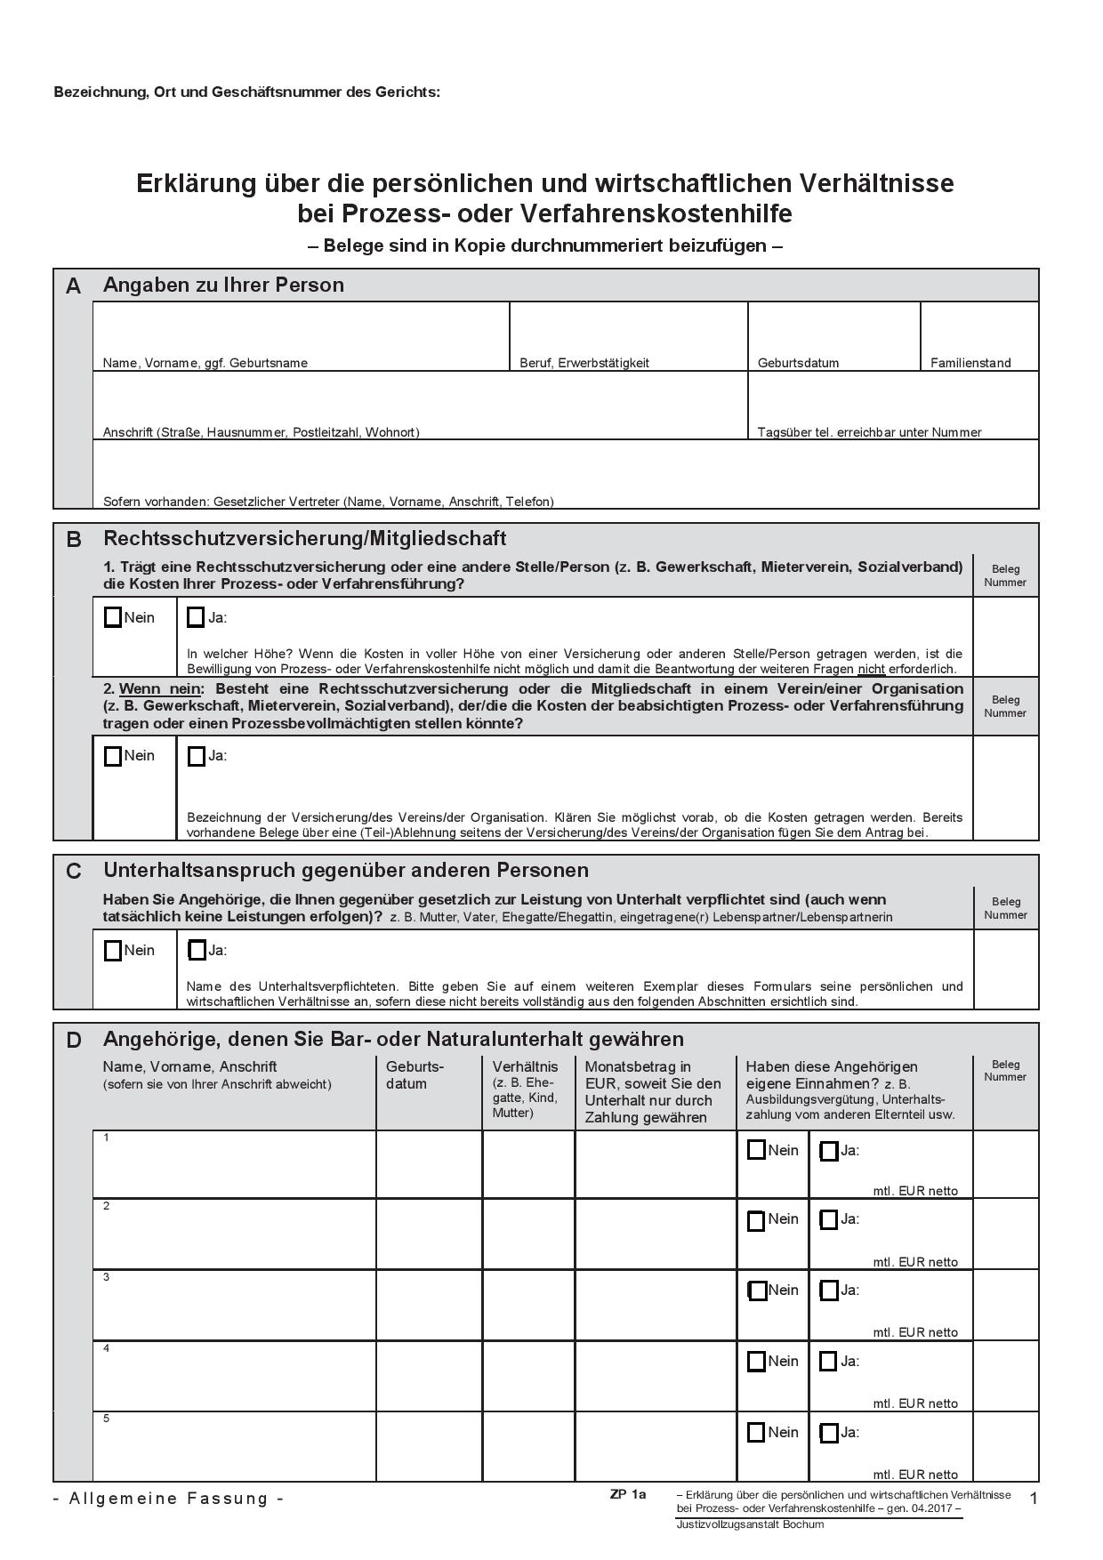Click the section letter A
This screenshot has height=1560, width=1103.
coord(73,286)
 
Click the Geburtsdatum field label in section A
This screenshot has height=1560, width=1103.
coord(798,363)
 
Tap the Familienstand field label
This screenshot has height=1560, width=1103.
coord(970,363)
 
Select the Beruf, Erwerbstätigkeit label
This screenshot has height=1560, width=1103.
coord(584,363)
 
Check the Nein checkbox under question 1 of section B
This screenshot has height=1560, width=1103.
coord(113,617)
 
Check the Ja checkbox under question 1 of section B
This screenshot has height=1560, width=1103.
coord(197,617)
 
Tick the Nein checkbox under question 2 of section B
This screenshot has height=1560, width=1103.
coord(113,756)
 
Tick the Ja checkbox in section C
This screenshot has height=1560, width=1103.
coord(197,950)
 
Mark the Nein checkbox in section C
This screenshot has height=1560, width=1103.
coord(113,950)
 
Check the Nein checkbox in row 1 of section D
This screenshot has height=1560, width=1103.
coord(756,1150)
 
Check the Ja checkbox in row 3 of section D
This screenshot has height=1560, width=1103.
coord(828,1290)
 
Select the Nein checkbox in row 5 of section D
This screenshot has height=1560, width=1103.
coord(756,1432)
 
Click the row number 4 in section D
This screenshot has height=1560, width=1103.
coord(107,1348)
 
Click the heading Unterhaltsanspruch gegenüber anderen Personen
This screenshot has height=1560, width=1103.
coord(346,870)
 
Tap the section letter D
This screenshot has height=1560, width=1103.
coord(74,1040)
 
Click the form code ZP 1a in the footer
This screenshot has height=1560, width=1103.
coord(628,1494)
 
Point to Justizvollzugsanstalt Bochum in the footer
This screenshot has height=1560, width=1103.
coord(750,1524)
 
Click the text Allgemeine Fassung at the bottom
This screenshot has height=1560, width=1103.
coord(169,1498)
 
